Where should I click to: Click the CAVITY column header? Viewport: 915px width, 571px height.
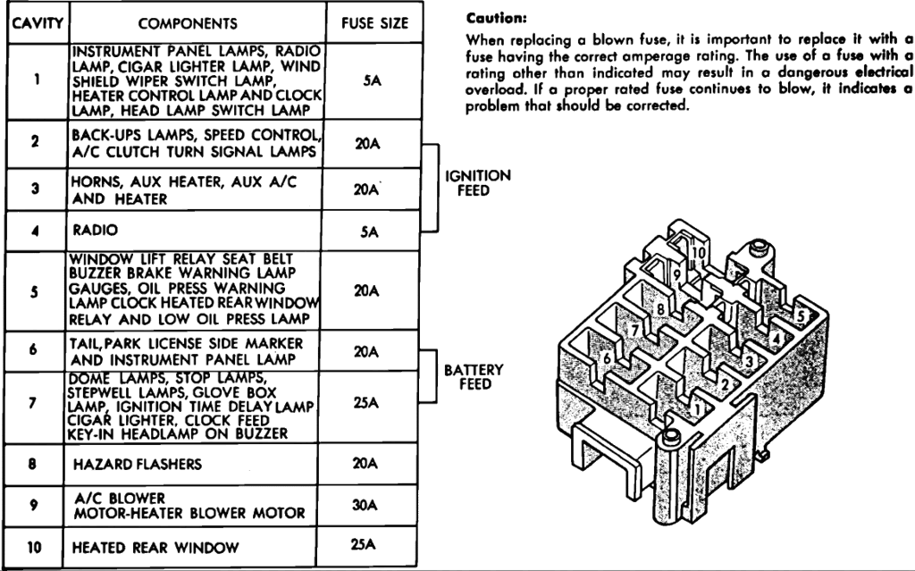pyautogui.click(x=33, y=21)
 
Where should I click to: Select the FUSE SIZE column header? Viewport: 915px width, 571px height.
pyautogui.click(x=374, y=21)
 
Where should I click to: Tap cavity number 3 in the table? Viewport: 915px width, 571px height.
pyautogui.click(x=33, y=189)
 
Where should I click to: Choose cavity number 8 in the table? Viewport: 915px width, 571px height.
pyautogui.click(x=33, y=465)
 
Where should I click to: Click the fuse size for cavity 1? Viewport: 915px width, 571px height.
pyautogui.click(x=373, y=79)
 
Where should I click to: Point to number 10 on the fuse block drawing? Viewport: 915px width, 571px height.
pyautogui.click(x=698, y=253)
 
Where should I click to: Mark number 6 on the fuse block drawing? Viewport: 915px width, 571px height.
pyautogui.click(x=608, y=358)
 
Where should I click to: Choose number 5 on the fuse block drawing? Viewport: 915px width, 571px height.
pyautogui.click(x=802, y=315)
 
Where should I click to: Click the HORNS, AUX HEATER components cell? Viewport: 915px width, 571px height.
pyautogui.click(x=182, y=189)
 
